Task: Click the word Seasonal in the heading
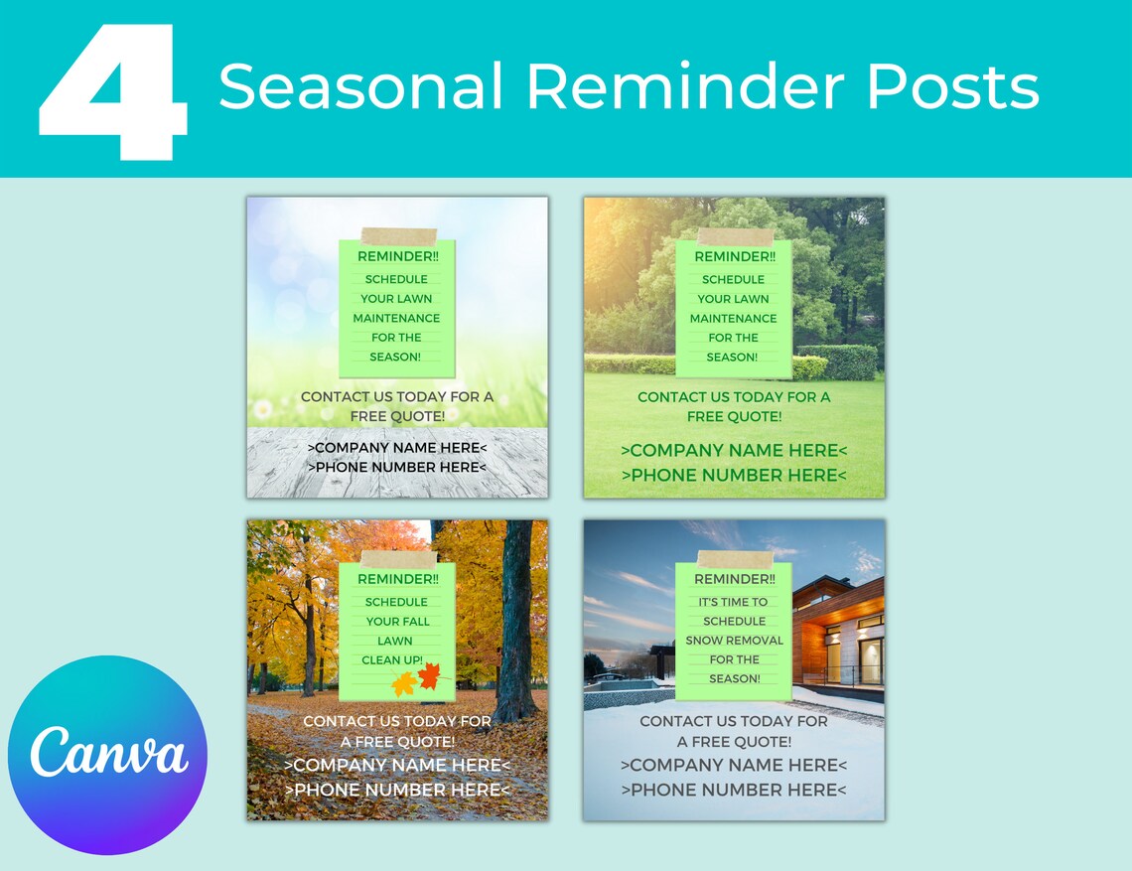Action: point(360,86)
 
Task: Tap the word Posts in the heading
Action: point(952,86)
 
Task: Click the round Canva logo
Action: point(107,755)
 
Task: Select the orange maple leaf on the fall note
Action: point(429,676)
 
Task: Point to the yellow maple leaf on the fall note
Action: point(404,683)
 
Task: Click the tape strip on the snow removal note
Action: point(735,559)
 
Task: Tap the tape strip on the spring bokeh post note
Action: point(398,236)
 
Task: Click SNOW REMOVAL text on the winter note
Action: point(734,641)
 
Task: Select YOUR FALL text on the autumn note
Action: point(397,622)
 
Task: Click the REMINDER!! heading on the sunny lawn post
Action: point(734,256)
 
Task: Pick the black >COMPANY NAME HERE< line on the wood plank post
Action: point(397,448)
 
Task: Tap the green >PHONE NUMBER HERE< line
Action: point(734,476)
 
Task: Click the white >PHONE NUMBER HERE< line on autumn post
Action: point(397,790)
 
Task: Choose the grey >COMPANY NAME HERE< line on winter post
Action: point(734,765)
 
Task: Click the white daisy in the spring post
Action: point(263,407)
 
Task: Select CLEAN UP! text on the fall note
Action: point(391,660)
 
